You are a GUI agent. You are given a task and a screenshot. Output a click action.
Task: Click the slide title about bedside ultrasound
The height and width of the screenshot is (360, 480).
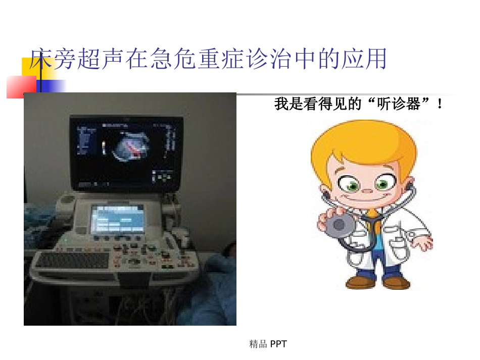click(208, 60)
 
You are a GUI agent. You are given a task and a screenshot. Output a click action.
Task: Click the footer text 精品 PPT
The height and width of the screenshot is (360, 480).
click(268, 344)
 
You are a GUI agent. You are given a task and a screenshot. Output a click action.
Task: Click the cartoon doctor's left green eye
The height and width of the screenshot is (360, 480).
click(353, 185)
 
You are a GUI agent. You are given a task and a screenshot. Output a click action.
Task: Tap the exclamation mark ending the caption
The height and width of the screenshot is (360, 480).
click(441, 105)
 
